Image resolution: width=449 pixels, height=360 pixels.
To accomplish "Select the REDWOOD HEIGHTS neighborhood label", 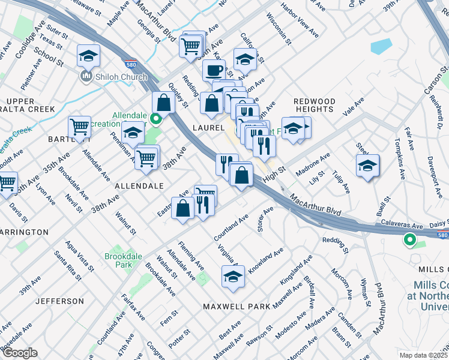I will pos(314,106).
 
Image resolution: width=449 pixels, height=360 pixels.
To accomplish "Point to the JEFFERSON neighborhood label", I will pos(59,301).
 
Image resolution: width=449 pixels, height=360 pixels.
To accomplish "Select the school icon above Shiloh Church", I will pos(88,57).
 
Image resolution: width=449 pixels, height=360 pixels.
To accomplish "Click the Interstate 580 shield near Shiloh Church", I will pos(130,63).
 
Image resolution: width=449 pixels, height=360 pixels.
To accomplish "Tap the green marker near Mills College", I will pos(410,240).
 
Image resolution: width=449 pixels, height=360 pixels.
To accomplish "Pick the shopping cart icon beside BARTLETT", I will pos(79,127).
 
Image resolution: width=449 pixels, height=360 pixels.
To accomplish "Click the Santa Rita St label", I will pos(67,265).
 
